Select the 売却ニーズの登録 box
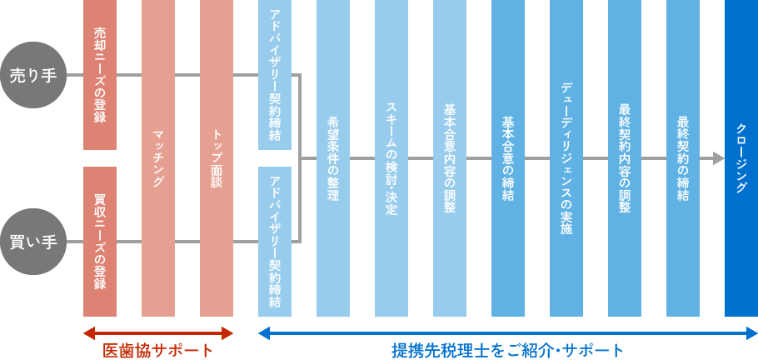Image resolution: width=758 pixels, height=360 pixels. (100, 75)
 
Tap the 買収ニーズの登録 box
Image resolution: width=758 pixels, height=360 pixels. (100, 242)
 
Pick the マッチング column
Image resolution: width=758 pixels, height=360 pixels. (158, 158)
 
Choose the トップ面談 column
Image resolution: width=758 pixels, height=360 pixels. (217, 158)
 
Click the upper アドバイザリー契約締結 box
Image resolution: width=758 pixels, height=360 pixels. (275, 75)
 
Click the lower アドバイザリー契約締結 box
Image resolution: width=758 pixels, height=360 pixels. (275, 242)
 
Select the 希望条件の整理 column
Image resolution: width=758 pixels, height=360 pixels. (333, 158)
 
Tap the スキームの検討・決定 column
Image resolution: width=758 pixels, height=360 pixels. (391, 158)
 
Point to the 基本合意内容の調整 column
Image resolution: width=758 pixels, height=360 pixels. (450, 158)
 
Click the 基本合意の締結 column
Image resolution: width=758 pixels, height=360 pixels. (508, 158)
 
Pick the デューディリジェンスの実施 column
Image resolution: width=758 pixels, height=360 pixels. (566, 158)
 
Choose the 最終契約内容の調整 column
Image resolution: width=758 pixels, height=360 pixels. (625, 158)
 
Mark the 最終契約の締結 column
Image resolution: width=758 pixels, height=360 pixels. (683, 158)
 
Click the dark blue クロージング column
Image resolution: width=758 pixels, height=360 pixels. (741, 158)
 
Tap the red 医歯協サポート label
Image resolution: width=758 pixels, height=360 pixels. (157, 350)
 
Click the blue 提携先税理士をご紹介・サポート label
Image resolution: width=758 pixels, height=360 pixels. (508, 350)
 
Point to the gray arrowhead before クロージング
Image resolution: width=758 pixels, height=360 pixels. (719, 158)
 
